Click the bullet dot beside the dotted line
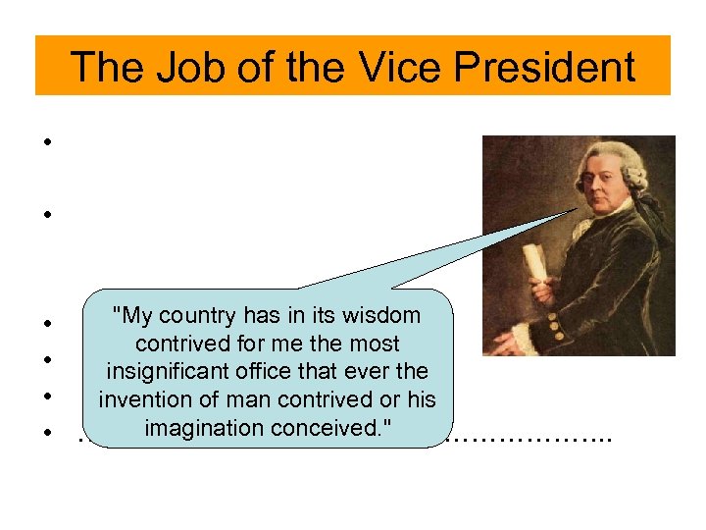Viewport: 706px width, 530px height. (x=47, y=432)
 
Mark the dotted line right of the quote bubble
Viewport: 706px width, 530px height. (x=529, y=438)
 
